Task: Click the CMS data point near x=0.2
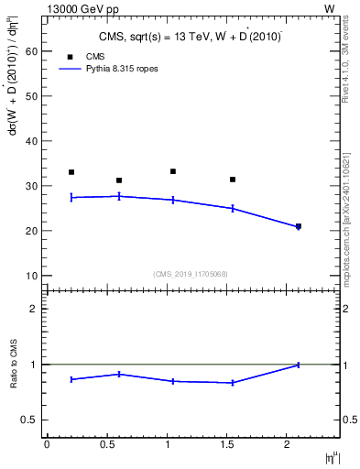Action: click(71, 172)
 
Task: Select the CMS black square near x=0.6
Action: click(119, 180)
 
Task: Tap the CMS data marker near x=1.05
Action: click(173, 171)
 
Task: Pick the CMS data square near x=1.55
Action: click(233, 180)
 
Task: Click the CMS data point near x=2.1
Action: click(299, 226)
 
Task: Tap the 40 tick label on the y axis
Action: click(33, 142)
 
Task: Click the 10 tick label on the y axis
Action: click(33, 276)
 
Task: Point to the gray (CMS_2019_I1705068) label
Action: click(191, 274)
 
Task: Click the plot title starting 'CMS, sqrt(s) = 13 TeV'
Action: click(191, 37)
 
